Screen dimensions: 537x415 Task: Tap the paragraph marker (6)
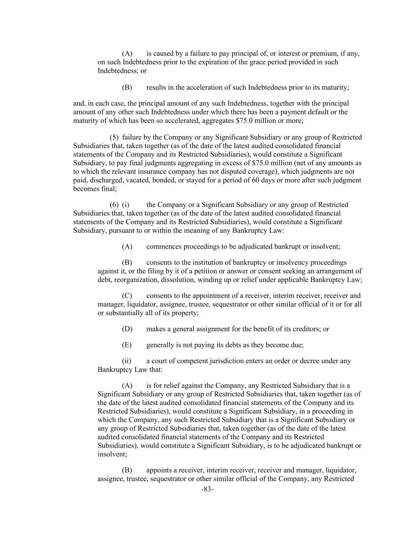coord(114,205)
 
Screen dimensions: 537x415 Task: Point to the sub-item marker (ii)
coord(127,361)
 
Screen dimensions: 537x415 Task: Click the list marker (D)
coord(127,329)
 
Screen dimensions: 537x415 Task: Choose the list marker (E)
coord(127,345)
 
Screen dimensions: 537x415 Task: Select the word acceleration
coord(205,87)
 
